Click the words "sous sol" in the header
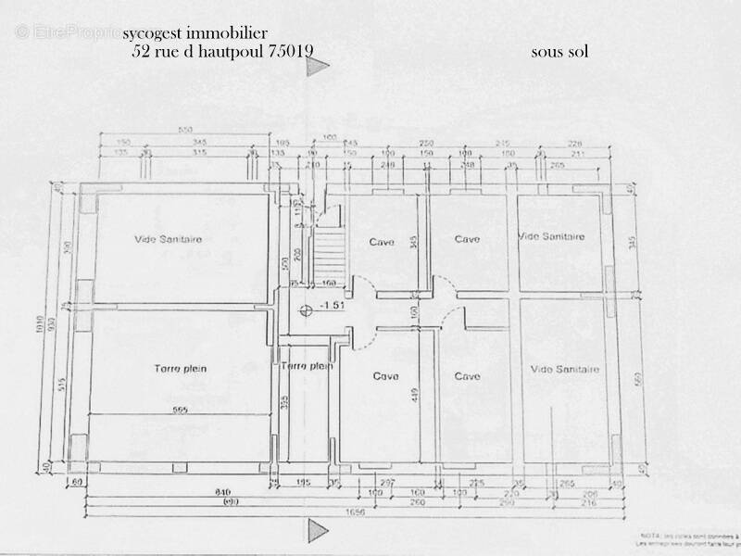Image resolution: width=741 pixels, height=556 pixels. (x=559, y=52)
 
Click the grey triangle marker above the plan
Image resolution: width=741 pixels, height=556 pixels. (x=319, y=67)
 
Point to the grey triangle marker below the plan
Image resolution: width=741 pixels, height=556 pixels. (x=319, y=528)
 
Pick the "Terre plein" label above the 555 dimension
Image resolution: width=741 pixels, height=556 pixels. (x=180, y=369)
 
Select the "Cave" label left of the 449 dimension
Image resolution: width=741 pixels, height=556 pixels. (x=385, y=376)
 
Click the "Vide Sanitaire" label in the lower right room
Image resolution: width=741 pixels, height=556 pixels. (x=565, y=370)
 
